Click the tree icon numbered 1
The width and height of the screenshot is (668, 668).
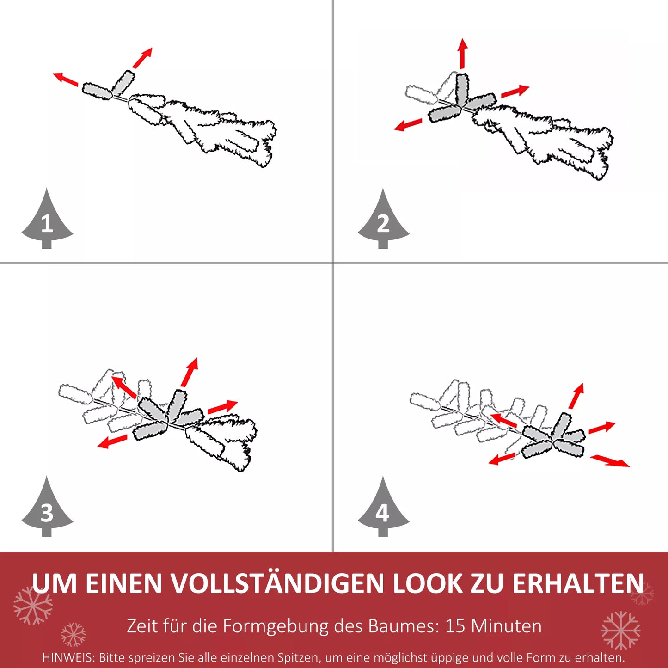tap(47, 222)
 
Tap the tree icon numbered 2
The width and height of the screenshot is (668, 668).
tap(383, 222)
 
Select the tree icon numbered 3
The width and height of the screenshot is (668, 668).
tap(47, 510)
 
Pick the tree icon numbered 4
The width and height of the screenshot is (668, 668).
tap(383, 510)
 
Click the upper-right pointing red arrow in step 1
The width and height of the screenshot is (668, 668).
tap(142, 58)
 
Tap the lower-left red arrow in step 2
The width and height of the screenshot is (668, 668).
tap(408, 124)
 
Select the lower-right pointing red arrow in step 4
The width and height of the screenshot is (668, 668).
tap(610, 460)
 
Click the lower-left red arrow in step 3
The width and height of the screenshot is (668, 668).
tap(112, 441)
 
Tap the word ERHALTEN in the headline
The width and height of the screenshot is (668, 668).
tap(577, 583)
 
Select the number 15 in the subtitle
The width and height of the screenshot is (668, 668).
tap(455, 626)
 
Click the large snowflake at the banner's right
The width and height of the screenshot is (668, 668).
tap(621, 630)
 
